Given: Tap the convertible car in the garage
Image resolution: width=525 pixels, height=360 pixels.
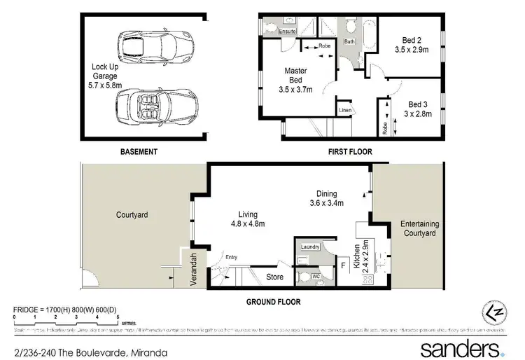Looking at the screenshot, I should click(147, 109).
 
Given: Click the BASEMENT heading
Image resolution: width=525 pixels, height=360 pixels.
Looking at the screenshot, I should click(138, 152).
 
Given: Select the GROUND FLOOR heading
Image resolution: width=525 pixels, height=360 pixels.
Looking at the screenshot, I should click(272, 302).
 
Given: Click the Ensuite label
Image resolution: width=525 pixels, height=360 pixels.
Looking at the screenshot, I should click(287, 32).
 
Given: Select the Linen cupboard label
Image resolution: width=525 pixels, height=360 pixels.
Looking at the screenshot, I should click(345, 111).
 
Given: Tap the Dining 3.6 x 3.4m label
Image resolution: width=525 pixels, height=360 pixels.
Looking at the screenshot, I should click(326, 199).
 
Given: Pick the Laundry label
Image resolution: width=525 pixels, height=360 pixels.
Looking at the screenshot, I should click(310, 247).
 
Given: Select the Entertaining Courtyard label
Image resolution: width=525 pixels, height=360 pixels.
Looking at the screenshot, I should click(419, 228).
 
